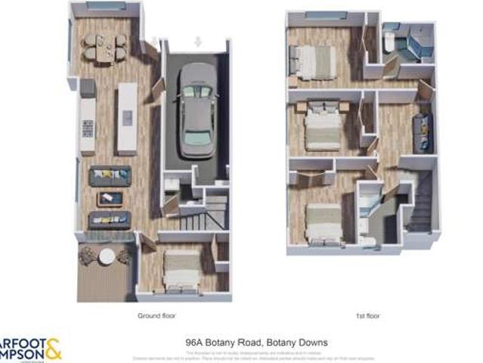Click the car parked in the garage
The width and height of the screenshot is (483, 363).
(196, 109)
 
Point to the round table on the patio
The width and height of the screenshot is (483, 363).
(107, 257)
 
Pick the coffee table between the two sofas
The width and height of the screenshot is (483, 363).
(110, 198)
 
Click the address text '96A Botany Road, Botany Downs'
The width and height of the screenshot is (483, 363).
(256, 343)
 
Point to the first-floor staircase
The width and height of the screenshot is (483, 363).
(422, 204)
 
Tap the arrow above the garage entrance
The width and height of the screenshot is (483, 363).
(198, 42)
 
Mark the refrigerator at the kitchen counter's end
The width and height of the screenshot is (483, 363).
(88, 88)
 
